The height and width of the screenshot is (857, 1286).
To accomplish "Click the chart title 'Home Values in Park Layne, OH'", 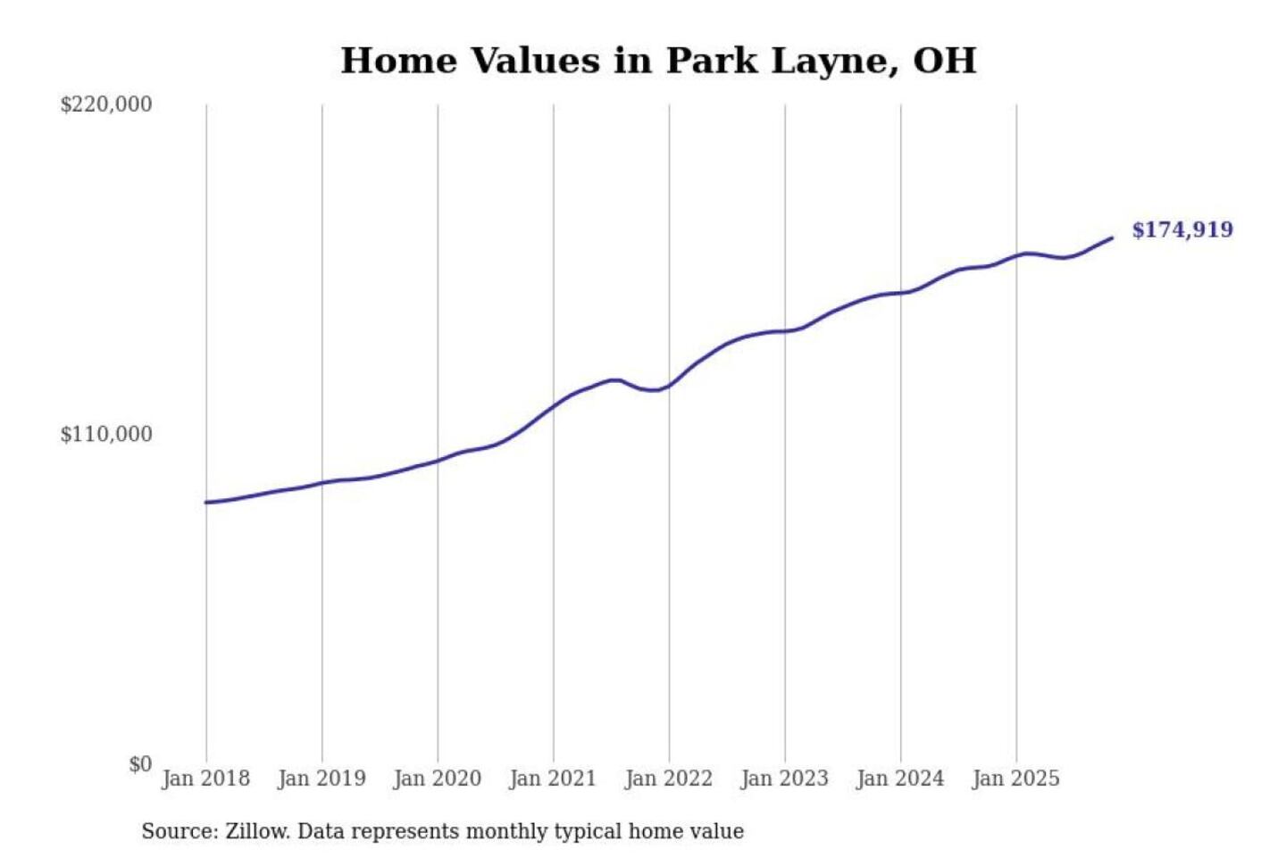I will pyautogui.click(x=658, y=61).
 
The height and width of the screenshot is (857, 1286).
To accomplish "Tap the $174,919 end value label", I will pyautogui.click(x=1182, y=229).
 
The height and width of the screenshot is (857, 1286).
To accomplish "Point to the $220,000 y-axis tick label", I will pyautogui.click(x=106, y=104).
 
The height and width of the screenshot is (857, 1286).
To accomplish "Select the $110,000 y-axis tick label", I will pyautogui.click(x=106, y=434).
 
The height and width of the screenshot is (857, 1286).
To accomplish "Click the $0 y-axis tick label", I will pyautogui.click(x=140, y=764).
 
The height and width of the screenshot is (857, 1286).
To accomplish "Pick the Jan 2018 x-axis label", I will pyautogui.click(x=205, y=778).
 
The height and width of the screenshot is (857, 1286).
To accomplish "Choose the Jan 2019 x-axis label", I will pyautogui.click(x=321, y=778).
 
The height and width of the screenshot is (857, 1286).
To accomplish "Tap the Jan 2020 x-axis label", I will pyautogui.click(x=437, y=778).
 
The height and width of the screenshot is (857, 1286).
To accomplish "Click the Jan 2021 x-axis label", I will pyautogui.click(x=553, y=778).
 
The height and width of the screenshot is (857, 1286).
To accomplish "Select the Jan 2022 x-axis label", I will pyautogui.click(x=669, y=778).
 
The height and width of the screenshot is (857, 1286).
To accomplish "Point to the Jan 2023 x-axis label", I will pyautogui.click(x=784, y=778).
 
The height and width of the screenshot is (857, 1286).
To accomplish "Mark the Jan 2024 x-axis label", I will pyautogui.click(x=900, y=778).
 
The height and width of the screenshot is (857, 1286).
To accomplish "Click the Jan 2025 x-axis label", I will pyautogui.click(x=1015, y=778).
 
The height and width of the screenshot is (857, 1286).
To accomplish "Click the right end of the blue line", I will pyautogui.click(x=1111, y=237).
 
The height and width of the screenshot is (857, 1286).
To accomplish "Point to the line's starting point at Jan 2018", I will pyautogui.click(x=206, y=503).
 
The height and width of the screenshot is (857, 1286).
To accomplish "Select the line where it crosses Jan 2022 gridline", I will pyautogui.click(x=669, y=385).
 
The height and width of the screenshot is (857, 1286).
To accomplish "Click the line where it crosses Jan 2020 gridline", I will pyautogui.click(x=438, y=461).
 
